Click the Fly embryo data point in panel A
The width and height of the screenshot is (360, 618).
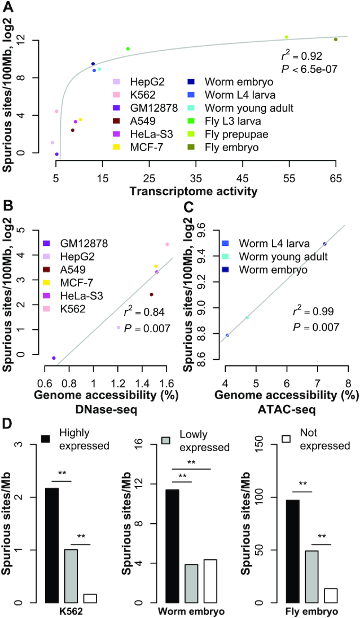(335, 39)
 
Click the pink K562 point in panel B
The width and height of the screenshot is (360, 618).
(167, 244)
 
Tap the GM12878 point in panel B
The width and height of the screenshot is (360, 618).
(54, 358)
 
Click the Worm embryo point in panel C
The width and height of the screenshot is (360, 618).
(324, 244)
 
